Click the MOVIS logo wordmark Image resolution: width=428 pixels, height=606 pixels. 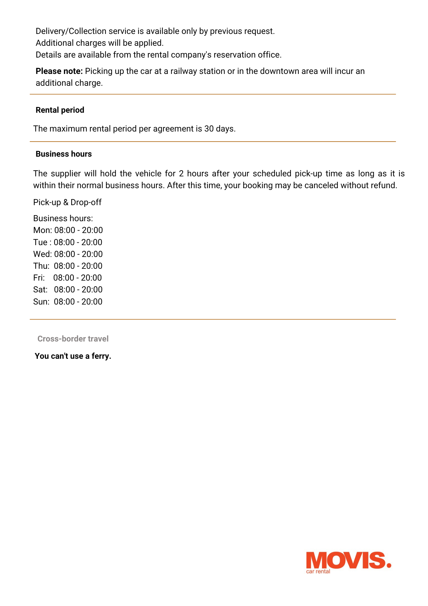point(348,560)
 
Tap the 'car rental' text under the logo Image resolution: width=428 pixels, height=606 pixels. point(318,571)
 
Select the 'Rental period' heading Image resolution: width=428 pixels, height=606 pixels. point(60,110)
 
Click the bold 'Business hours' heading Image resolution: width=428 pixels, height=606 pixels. point(64,154)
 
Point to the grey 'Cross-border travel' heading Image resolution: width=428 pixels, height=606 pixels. point(73,339)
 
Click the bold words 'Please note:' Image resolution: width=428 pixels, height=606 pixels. point(59,71)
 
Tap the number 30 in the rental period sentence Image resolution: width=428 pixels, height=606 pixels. point(209,129)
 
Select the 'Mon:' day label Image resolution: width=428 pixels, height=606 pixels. point(42,230)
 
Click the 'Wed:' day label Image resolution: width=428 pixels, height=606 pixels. point(42,254)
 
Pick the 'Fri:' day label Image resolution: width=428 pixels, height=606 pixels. point(39,278)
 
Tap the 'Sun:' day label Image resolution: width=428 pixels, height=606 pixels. point(41,301)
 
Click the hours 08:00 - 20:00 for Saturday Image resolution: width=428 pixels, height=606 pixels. point(78,290)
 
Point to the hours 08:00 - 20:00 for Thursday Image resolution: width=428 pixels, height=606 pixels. point(78,266)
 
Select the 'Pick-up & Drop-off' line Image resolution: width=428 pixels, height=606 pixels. point(67,202)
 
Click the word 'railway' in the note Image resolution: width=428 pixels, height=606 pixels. point(183,71)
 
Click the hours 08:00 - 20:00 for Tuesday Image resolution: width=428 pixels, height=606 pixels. point(78,242)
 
